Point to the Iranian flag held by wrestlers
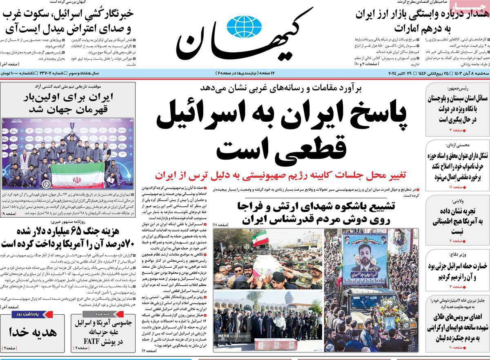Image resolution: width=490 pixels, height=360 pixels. click(76, 178)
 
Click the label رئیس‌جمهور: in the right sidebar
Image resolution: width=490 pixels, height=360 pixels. click(456, 88)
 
